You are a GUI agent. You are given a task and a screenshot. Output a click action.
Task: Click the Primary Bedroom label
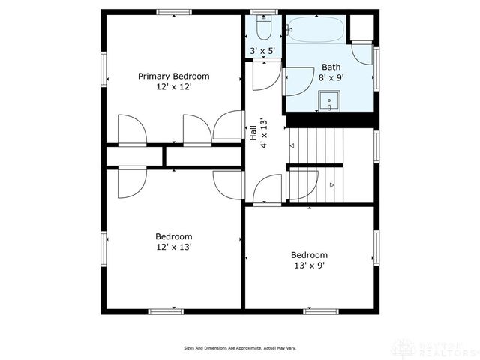click(173, 76)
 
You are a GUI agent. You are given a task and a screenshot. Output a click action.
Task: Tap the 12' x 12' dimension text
click(173, 88)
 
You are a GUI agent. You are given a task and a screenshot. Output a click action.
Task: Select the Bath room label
click(331, 66)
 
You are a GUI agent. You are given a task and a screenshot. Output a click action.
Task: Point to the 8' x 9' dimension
click(331, 76)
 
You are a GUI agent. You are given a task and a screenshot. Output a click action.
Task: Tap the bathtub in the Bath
click(316, 29)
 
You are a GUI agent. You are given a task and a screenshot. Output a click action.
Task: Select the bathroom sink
click(328, 100)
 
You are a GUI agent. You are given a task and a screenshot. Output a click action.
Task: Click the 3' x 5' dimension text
click(262, 52)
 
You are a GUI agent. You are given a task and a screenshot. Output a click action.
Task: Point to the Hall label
click(253, 133)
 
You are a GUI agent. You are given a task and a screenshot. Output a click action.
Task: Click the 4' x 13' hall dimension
click(264, 133)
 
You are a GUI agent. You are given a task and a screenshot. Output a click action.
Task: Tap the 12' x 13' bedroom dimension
click(173, 247)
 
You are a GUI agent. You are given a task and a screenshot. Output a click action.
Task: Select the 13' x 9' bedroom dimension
click(309, 265)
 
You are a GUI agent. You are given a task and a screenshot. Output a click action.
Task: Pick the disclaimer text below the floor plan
click(239, 348)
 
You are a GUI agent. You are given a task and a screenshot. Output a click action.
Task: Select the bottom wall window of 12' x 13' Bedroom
click(166, 310)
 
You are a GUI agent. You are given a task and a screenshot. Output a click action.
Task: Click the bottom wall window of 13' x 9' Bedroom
click(320, 310)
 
